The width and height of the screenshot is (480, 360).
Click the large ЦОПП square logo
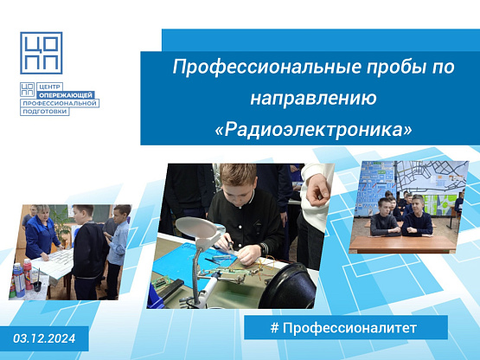point(42,53)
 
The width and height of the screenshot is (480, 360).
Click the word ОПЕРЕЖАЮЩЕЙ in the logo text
point(66,95)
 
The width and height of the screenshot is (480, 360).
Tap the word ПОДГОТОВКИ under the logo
point(45,112)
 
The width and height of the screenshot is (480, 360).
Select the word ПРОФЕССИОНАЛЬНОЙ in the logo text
point(60,103)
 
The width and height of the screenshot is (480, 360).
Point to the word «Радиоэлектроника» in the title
point(313,130)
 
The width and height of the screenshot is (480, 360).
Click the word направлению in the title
point(313,99)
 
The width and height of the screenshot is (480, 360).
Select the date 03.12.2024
point(44,338)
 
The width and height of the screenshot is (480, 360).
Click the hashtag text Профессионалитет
point(349,328)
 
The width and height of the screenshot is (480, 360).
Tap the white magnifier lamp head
point(196,227)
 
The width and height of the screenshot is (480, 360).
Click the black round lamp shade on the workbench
point(287,286)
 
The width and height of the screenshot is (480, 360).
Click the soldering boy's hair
point(237,175)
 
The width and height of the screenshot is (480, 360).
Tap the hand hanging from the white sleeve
point(317,190)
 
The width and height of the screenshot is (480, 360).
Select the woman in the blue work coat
point(42,232)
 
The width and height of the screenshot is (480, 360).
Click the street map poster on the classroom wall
point(431,177)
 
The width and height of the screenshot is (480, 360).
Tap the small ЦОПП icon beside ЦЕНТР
point(28,89)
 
